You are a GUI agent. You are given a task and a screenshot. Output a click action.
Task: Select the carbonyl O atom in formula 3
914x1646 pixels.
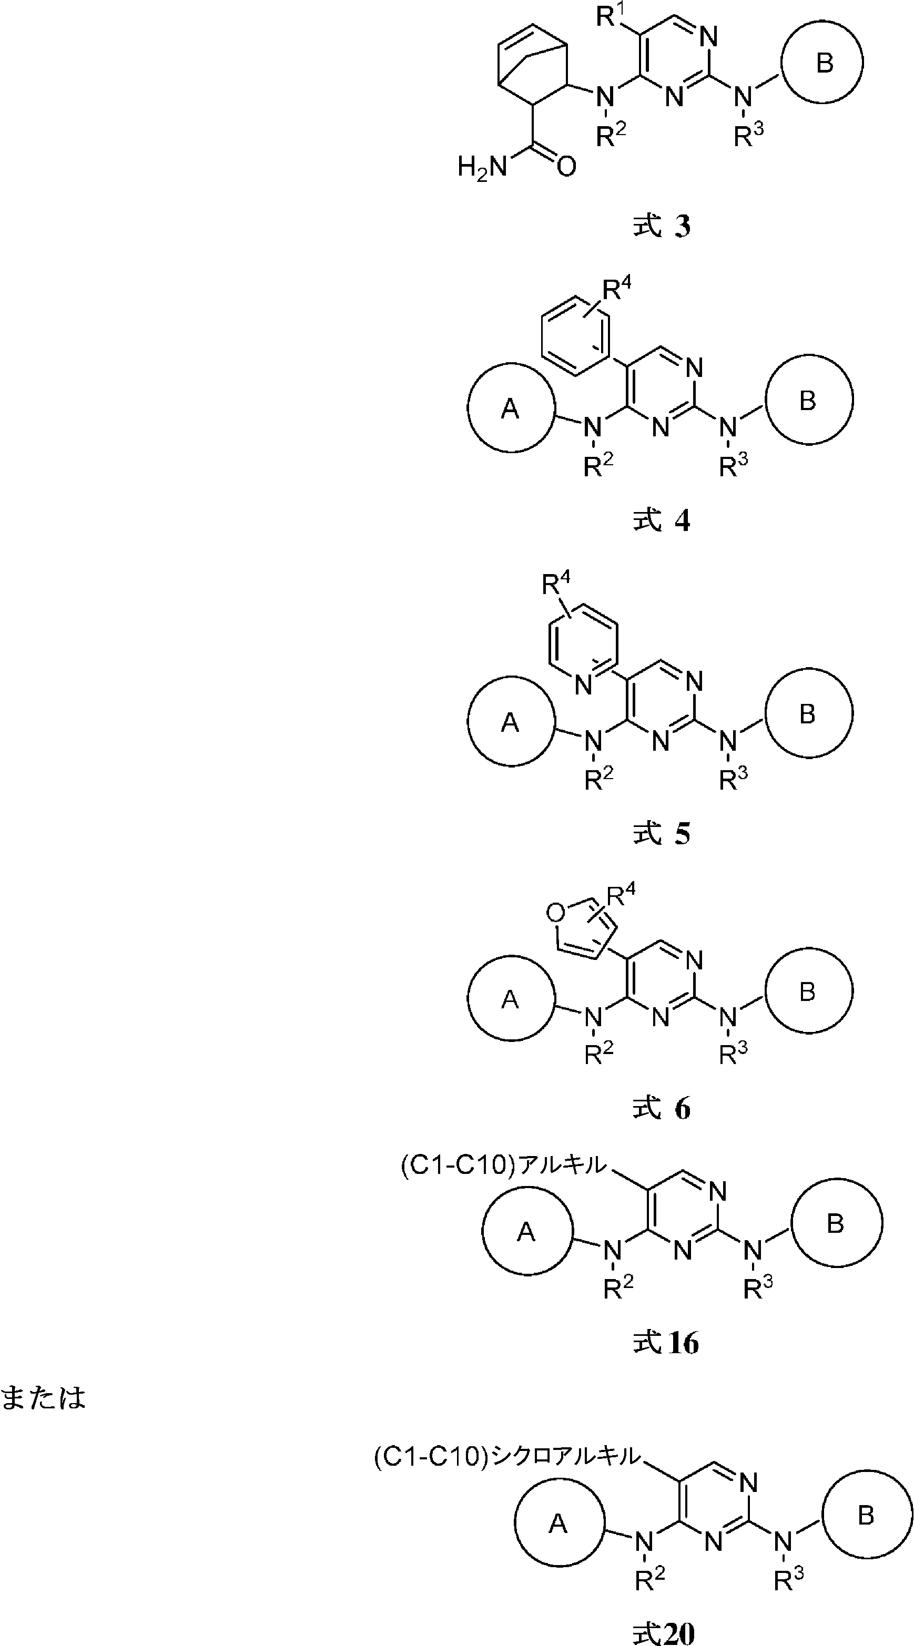pos(566,167)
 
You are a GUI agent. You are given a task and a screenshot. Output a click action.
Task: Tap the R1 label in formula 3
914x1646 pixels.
pos(611,17)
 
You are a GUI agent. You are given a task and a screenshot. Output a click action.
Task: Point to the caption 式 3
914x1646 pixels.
pos(662,227)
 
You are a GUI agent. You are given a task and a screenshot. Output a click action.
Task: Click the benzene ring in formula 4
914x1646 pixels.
pos(573,333)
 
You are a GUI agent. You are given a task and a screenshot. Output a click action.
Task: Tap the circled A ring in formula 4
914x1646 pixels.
pos(511,407)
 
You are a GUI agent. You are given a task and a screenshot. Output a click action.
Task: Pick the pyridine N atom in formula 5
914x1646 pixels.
pos(582,686)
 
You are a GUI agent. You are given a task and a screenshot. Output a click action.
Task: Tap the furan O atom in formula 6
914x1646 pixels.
pos(556,913)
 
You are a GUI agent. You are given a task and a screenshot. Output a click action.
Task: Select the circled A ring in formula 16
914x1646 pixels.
pos(526,1231)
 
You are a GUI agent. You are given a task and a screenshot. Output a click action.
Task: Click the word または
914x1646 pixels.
pos(43,1397)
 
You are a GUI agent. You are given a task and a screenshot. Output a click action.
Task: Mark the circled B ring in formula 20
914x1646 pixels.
pos(867,1515)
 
